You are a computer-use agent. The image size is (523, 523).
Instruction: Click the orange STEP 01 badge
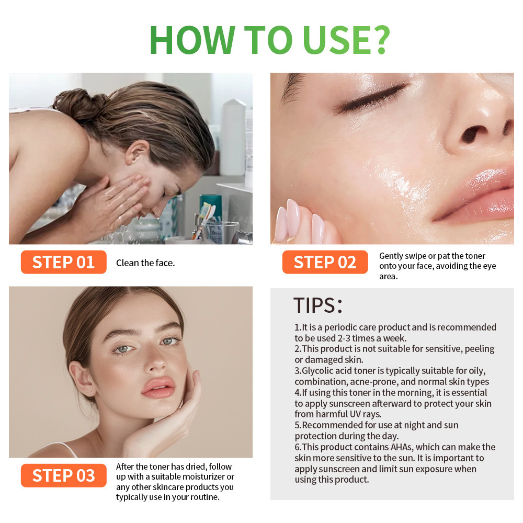point(63,262)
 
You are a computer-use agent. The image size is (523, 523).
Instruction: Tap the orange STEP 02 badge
point(325,262)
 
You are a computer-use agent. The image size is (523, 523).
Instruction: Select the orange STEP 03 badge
point(63,475)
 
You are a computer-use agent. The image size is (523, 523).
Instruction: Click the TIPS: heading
point(317,305)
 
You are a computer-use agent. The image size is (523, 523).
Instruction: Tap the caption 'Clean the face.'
point(145,263)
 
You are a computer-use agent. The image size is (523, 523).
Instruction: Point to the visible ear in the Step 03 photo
point(81,379)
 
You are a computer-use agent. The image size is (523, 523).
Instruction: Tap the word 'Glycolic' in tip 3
point(317,371)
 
